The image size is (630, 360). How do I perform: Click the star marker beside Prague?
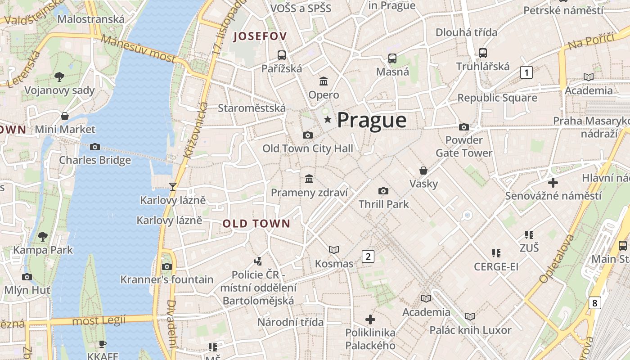tap(328, 120)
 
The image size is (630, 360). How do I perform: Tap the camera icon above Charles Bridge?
tap(94, 147)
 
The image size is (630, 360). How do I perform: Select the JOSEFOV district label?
tap(260, 36)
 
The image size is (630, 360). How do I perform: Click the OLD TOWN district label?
tap(256, 224)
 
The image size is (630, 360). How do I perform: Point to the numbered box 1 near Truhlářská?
tap(526, 72)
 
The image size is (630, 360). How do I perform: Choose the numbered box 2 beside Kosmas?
tap(368, 256)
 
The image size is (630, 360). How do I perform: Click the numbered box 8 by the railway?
tap(594, 303)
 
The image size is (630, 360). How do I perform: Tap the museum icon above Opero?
tap(324, 81)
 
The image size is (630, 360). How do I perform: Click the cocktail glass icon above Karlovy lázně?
tap(172, 186)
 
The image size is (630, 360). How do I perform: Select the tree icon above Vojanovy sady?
tap(59, 77)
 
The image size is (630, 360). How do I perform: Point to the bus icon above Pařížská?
tap(282, 55)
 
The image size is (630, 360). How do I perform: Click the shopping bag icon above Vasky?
tap(423, 170)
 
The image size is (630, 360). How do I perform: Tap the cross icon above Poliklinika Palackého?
tap(370, 319)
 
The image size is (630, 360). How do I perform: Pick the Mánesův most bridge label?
tap(138, 48)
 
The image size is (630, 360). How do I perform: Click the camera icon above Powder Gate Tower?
tap(464, 127)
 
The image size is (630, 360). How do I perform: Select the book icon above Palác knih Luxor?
tap(470, 317)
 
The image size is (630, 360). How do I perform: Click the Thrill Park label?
tap(383, 204)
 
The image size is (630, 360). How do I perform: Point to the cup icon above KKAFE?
tap(103, 344)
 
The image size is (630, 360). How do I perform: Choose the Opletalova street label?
tap(557, 258)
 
